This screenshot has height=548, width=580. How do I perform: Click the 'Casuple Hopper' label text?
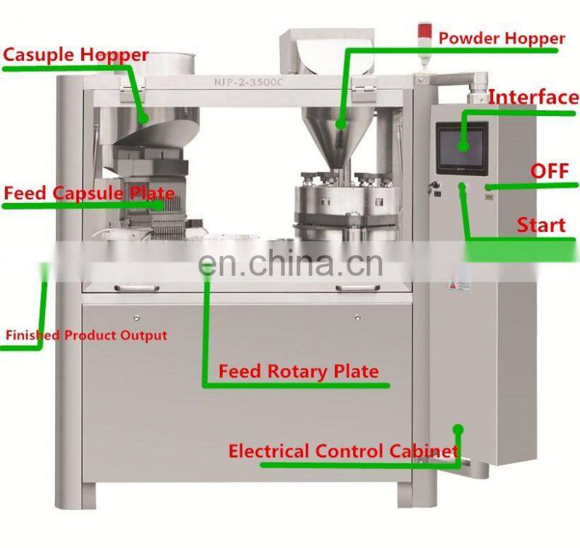click(x=75, y=55)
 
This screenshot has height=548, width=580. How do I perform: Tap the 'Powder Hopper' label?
click(x=502, y=38)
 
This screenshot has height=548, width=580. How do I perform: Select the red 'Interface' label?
click(x=533, y=97)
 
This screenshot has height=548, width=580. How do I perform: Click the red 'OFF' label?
click(x=549, y=171)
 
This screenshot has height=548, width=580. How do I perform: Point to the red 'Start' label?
click(x=541, y=224)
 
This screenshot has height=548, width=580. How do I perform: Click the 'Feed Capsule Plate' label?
click(x=89, y=194)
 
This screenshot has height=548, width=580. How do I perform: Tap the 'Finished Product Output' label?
click(x=86, y=336)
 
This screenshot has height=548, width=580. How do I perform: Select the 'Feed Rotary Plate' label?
click(x=299, y=372)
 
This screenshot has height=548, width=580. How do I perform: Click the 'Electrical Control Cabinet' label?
click(x=344, y=451)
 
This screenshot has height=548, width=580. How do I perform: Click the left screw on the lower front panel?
click(x=136, y=317)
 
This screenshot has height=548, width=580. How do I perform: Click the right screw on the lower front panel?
click(x=357, y=317)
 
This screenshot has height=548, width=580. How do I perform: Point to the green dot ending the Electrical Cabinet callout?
click(x=457, y=430)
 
